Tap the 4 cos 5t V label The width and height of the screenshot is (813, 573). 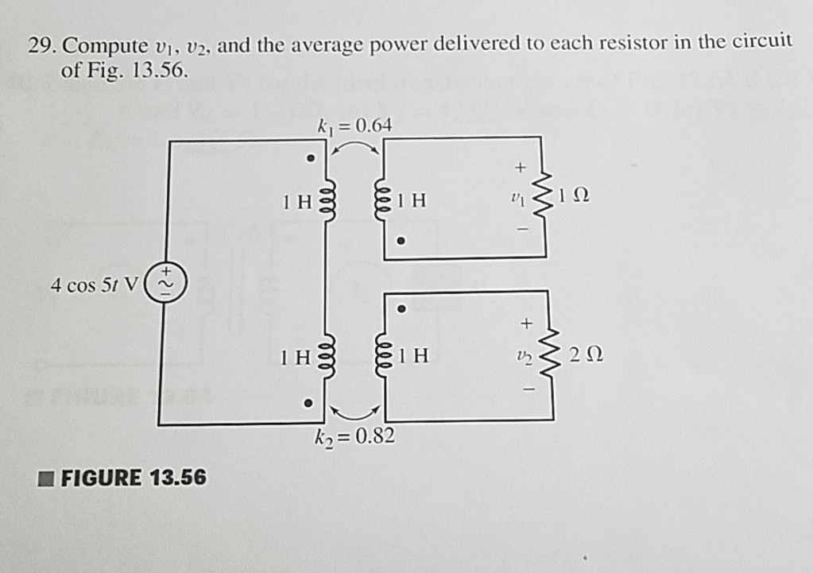click(94, 285)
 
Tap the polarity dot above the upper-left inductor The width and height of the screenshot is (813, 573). click(311, 157)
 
